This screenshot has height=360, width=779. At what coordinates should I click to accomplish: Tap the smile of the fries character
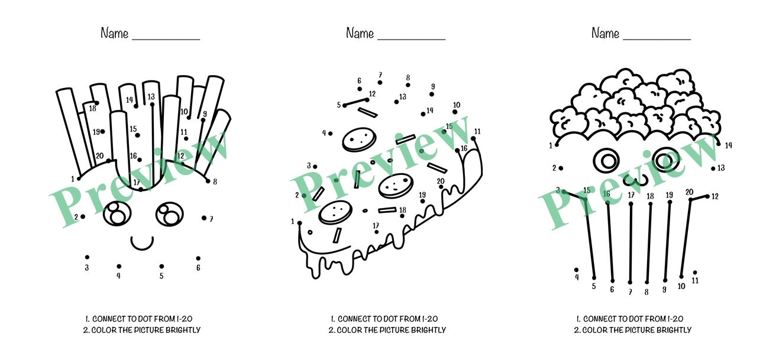(x=142, y=243)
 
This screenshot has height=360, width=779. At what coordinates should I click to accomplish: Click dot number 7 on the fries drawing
(x=204, y=218)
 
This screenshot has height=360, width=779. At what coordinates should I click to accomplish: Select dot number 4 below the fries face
(x=119, y=266)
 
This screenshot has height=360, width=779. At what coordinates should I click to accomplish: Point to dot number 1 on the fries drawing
(x=79, y=178)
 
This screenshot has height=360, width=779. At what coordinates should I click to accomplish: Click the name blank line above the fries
(x=166, y=40)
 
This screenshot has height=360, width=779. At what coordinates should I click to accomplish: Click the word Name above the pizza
(x=360, y=34)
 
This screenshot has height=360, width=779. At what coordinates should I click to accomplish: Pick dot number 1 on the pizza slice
(x=300, y=223)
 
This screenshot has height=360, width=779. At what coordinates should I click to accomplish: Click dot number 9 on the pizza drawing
(x=432, y=94)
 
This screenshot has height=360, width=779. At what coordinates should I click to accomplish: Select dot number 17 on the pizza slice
(x=377, y=232)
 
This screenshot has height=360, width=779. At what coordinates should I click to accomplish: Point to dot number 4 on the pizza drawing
(x=330, y=134)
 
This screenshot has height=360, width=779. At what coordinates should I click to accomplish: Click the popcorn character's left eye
(x=606, y=159)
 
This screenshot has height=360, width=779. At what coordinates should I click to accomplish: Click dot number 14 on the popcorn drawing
(x=719, y=143)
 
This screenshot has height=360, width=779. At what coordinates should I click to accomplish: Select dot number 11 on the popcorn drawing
(x=695, y=273)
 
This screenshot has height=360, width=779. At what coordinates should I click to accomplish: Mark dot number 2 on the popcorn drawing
(x=561, y=168)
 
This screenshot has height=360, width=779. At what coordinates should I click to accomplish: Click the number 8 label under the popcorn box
(x=647, y=291)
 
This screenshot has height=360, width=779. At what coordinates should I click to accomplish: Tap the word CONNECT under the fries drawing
(x=110, y=319)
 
